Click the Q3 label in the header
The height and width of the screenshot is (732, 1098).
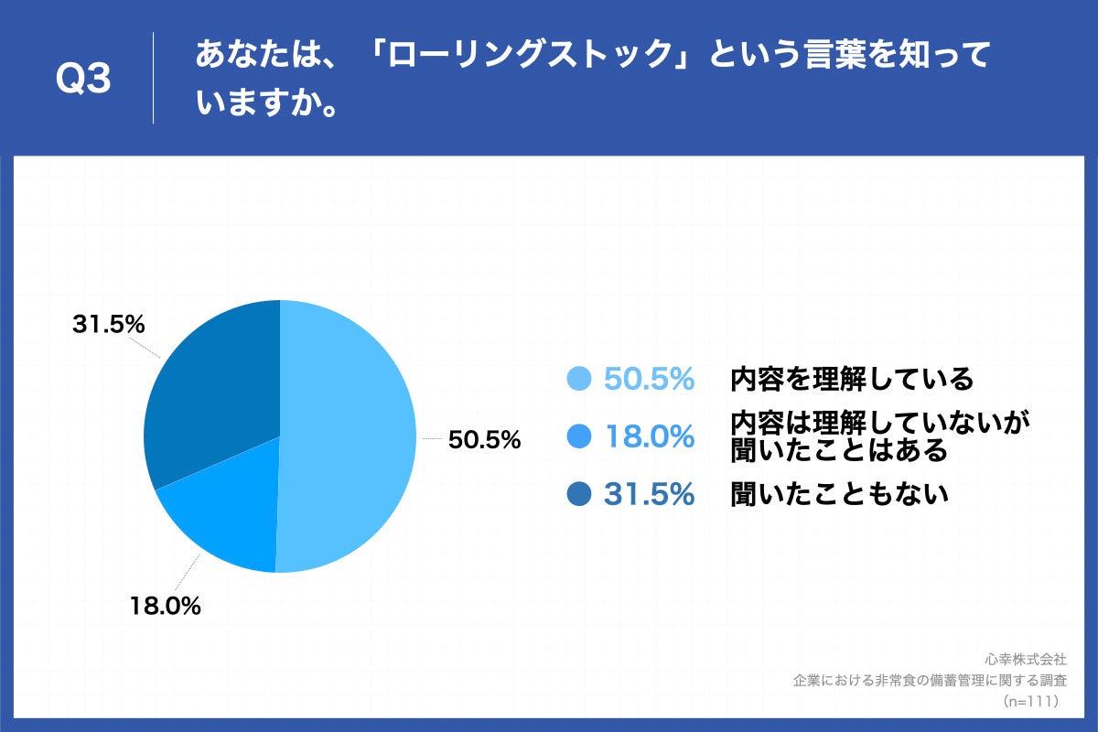pyautogui.click(x=83, y=80)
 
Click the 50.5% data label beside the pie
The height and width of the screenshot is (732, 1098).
pyautogui.click(x=484, y=440)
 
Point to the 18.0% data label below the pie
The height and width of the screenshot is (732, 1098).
pyautogui.click(x=165, y=606)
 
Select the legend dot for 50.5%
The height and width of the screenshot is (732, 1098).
pyautogui.click(x=579, y=379)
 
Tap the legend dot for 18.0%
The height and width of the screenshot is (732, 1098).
pyautogui.click(x=579, y=436)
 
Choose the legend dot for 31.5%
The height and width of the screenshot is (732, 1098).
pyautogui.click(x=579, y=494)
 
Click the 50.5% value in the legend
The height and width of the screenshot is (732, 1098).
pyautogui.click(x=649, y=379)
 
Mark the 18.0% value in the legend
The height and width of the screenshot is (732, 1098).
pyautogui.click(x=649, y=436)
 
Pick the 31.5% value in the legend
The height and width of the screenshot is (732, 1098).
pyautogui.click(x=649, y=494)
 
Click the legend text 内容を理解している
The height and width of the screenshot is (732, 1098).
pyautogui.click(x=851, y=378)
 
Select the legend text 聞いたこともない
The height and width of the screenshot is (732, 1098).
pyautogui.click(x=838, y=494)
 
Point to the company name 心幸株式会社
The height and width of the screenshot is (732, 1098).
pyautogui.click(x=1026, y=659)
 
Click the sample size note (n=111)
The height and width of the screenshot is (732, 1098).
pyautogui.click(x=1031, y=701)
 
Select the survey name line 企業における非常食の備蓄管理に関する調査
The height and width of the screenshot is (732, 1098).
pyautogui.click(x=930, y=680)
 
